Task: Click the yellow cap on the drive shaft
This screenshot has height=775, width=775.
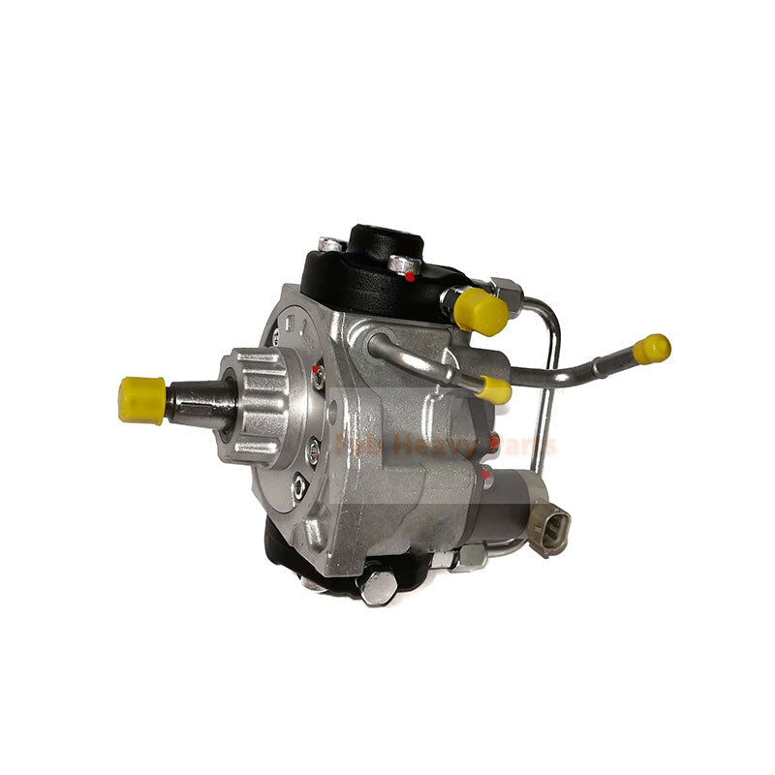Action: pyautogui.click(x=141, y=399)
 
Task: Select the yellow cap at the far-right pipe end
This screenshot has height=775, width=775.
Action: pyautogui.click(x=652, y=349)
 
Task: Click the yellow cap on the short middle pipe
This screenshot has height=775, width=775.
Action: pyautogui.click(x=494, y=389)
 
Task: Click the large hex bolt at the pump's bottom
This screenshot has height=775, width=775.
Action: pyautogui.click(x=378, y=587)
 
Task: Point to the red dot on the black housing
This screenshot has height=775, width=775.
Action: pyautogui.click(x=411, y=277)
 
